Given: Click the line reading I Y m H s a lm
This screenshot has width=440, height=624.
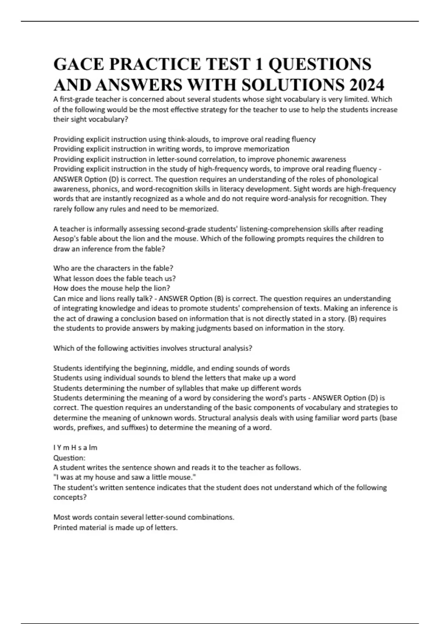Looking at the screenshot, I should [x=75, y=448].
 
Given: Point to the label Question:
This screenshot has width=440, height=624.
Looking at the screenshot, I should [x=69, y=458].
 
